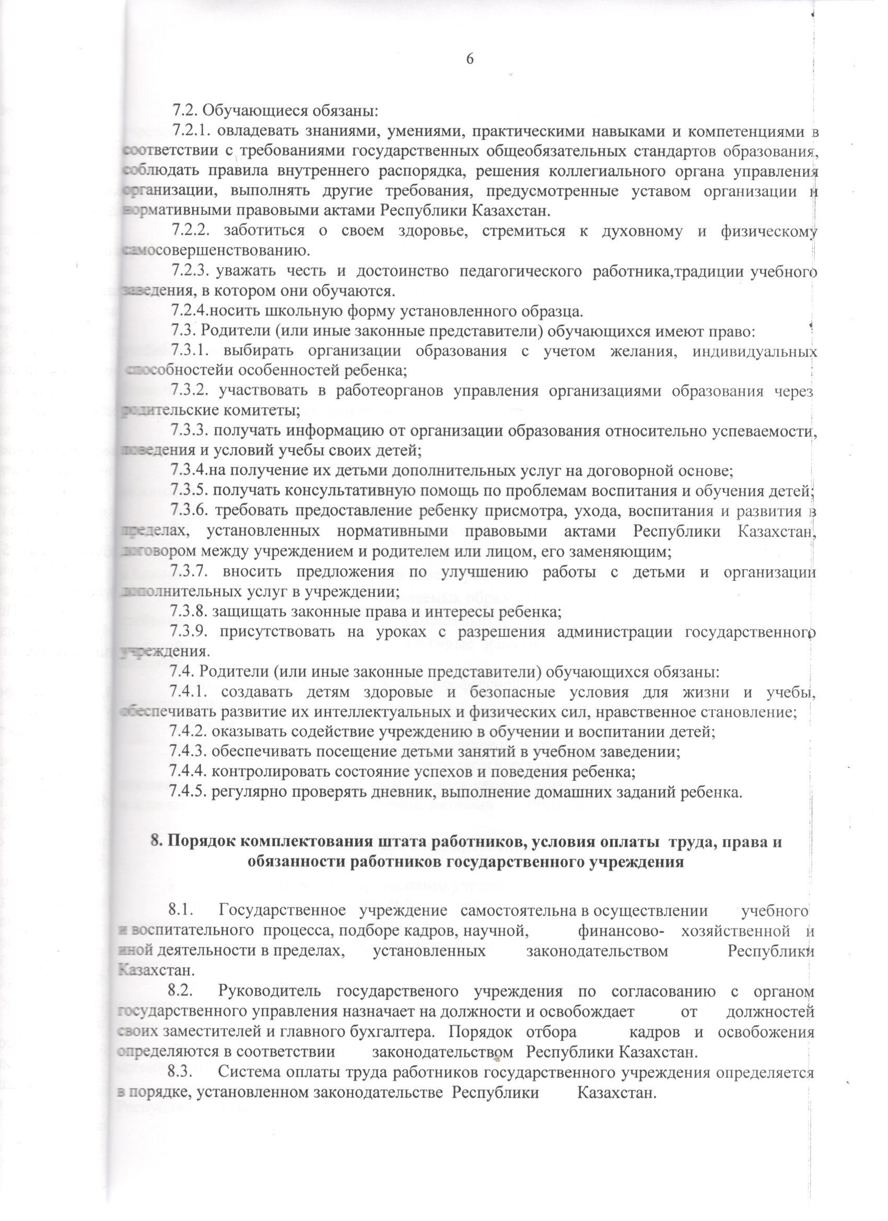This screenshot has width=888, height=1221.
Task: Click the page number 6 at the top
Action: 470,58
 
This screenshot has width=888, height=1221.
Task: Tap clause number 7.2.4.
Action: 189,311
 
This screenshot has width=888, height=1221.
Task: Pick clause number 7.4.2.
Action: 189,732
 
